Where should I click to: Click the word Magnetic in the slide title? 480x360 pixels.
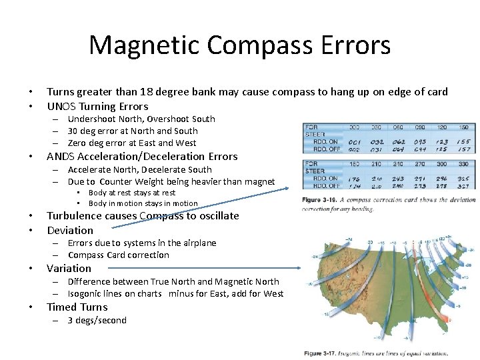pos(144,45)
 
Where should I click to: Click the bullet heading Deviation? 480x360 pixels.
pos(70,230)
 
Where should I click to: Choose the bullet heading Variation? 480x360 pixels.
pos(69,268)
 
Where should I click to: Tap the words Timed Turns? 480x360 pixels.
pos(77,307)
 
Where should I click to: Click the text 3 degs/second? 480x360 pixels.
pos(97,320)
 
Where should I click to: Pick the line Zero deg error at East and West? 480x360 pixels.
pos(132,143)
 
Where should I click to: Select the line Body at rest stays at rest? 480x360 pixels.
pos(132,193)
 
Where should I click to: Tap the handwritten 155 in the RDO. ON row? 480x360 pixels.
pos(465,141)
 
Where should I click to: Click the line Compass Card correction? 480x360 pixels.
pos(118,255)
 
